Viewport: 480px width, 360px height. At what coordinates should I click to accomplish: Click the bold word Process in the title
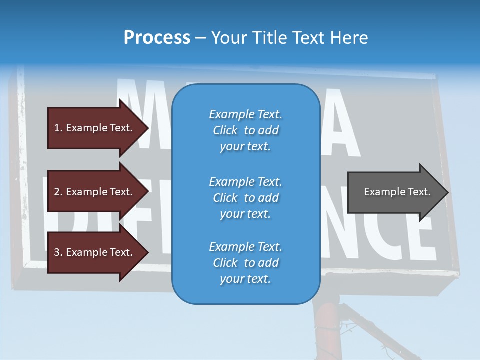[157, 38]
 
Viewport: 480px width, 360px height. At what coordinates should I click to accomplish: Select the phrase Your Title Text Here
[290, 38]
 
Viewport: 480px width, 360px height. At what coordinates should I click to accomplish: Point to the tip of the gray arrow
[447, 192]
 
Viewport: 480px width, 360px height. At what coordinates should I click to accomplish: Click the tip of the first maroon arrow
[147, 128]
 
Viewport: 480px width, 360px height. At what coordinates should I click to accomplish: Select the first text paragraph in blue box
[245, 130]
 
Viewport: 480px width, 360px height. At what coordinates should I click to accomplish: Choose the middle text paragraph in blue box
[245, 198]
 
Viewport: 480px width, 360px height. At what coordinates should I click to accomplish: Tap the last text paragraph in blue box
[245, 263]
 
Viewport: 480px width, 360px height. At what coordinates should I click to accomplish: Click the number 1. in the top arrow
[58, 128]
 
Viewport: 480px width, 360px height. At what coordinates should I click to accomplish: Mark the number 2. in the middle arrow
[58, 192]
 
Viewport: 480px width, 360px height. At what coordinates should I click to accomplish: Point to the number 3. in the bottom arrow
[58, 252]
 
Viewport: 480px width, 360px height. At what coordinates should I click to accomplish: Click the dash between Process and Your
[200, 38]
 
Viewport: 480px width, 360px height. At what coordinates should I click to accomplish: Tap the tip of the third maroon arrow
[147, 252]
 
